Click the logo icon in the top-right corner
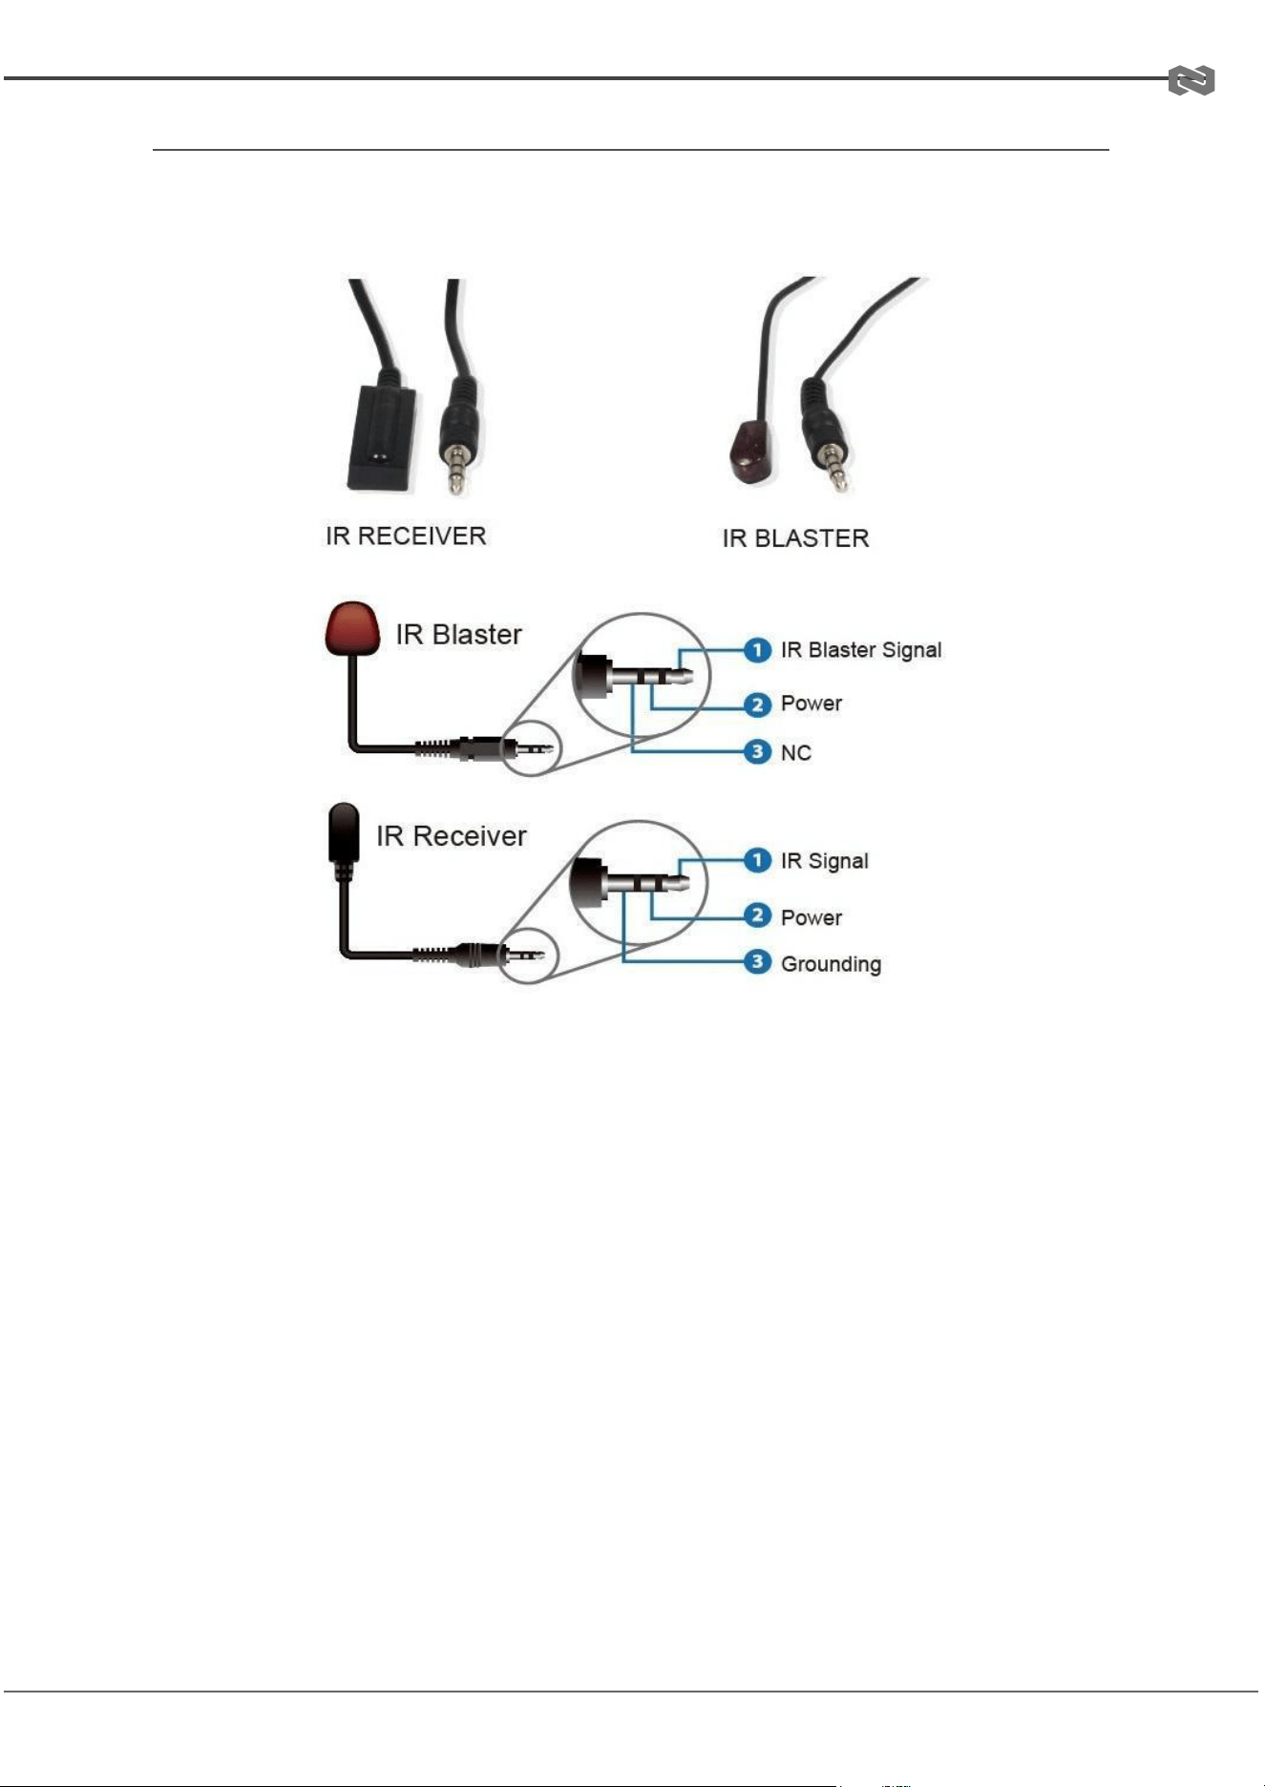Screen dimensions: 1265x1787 [1191, 81]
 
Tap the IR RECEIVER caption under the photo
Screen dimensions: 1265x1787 [406, 536]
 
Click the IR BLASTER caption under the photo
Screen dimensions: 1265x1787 [795, 538]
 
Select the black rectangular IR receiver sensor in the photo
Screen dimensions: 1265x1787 [382, 437]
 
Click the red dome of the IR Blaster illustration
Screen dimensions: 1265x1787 [352, 628]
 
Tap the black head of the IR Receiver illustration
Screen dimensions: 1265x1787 [344, 832]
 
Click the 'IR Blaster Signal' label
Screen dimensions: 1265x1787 [861, 650]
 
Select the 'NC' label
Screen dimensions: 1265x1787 [796, 753]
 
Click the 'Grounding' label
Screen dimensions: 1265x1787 [831, 964]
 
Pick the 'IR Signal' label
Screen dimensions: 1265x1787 [825, 861]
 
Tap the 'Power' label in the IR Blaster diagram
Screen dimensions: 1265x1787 [812, 704]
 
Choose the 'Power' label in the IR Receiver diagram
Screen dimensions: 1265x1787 [812, 917]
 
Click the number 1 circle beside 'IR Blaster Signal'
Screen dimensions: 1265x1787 [757, 650]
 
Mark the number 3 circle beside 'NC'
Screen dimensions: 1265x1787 [757, 752]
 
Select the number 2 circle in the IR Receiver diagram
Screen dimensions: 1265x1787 [757, 916]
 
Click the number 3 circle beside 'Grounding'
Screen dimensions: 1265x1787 [757, 962]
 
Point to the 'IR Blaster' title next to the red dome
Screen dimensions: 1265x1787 [459, 635]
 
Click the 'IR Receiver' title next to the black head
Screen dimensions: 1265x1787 [452, 836]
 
